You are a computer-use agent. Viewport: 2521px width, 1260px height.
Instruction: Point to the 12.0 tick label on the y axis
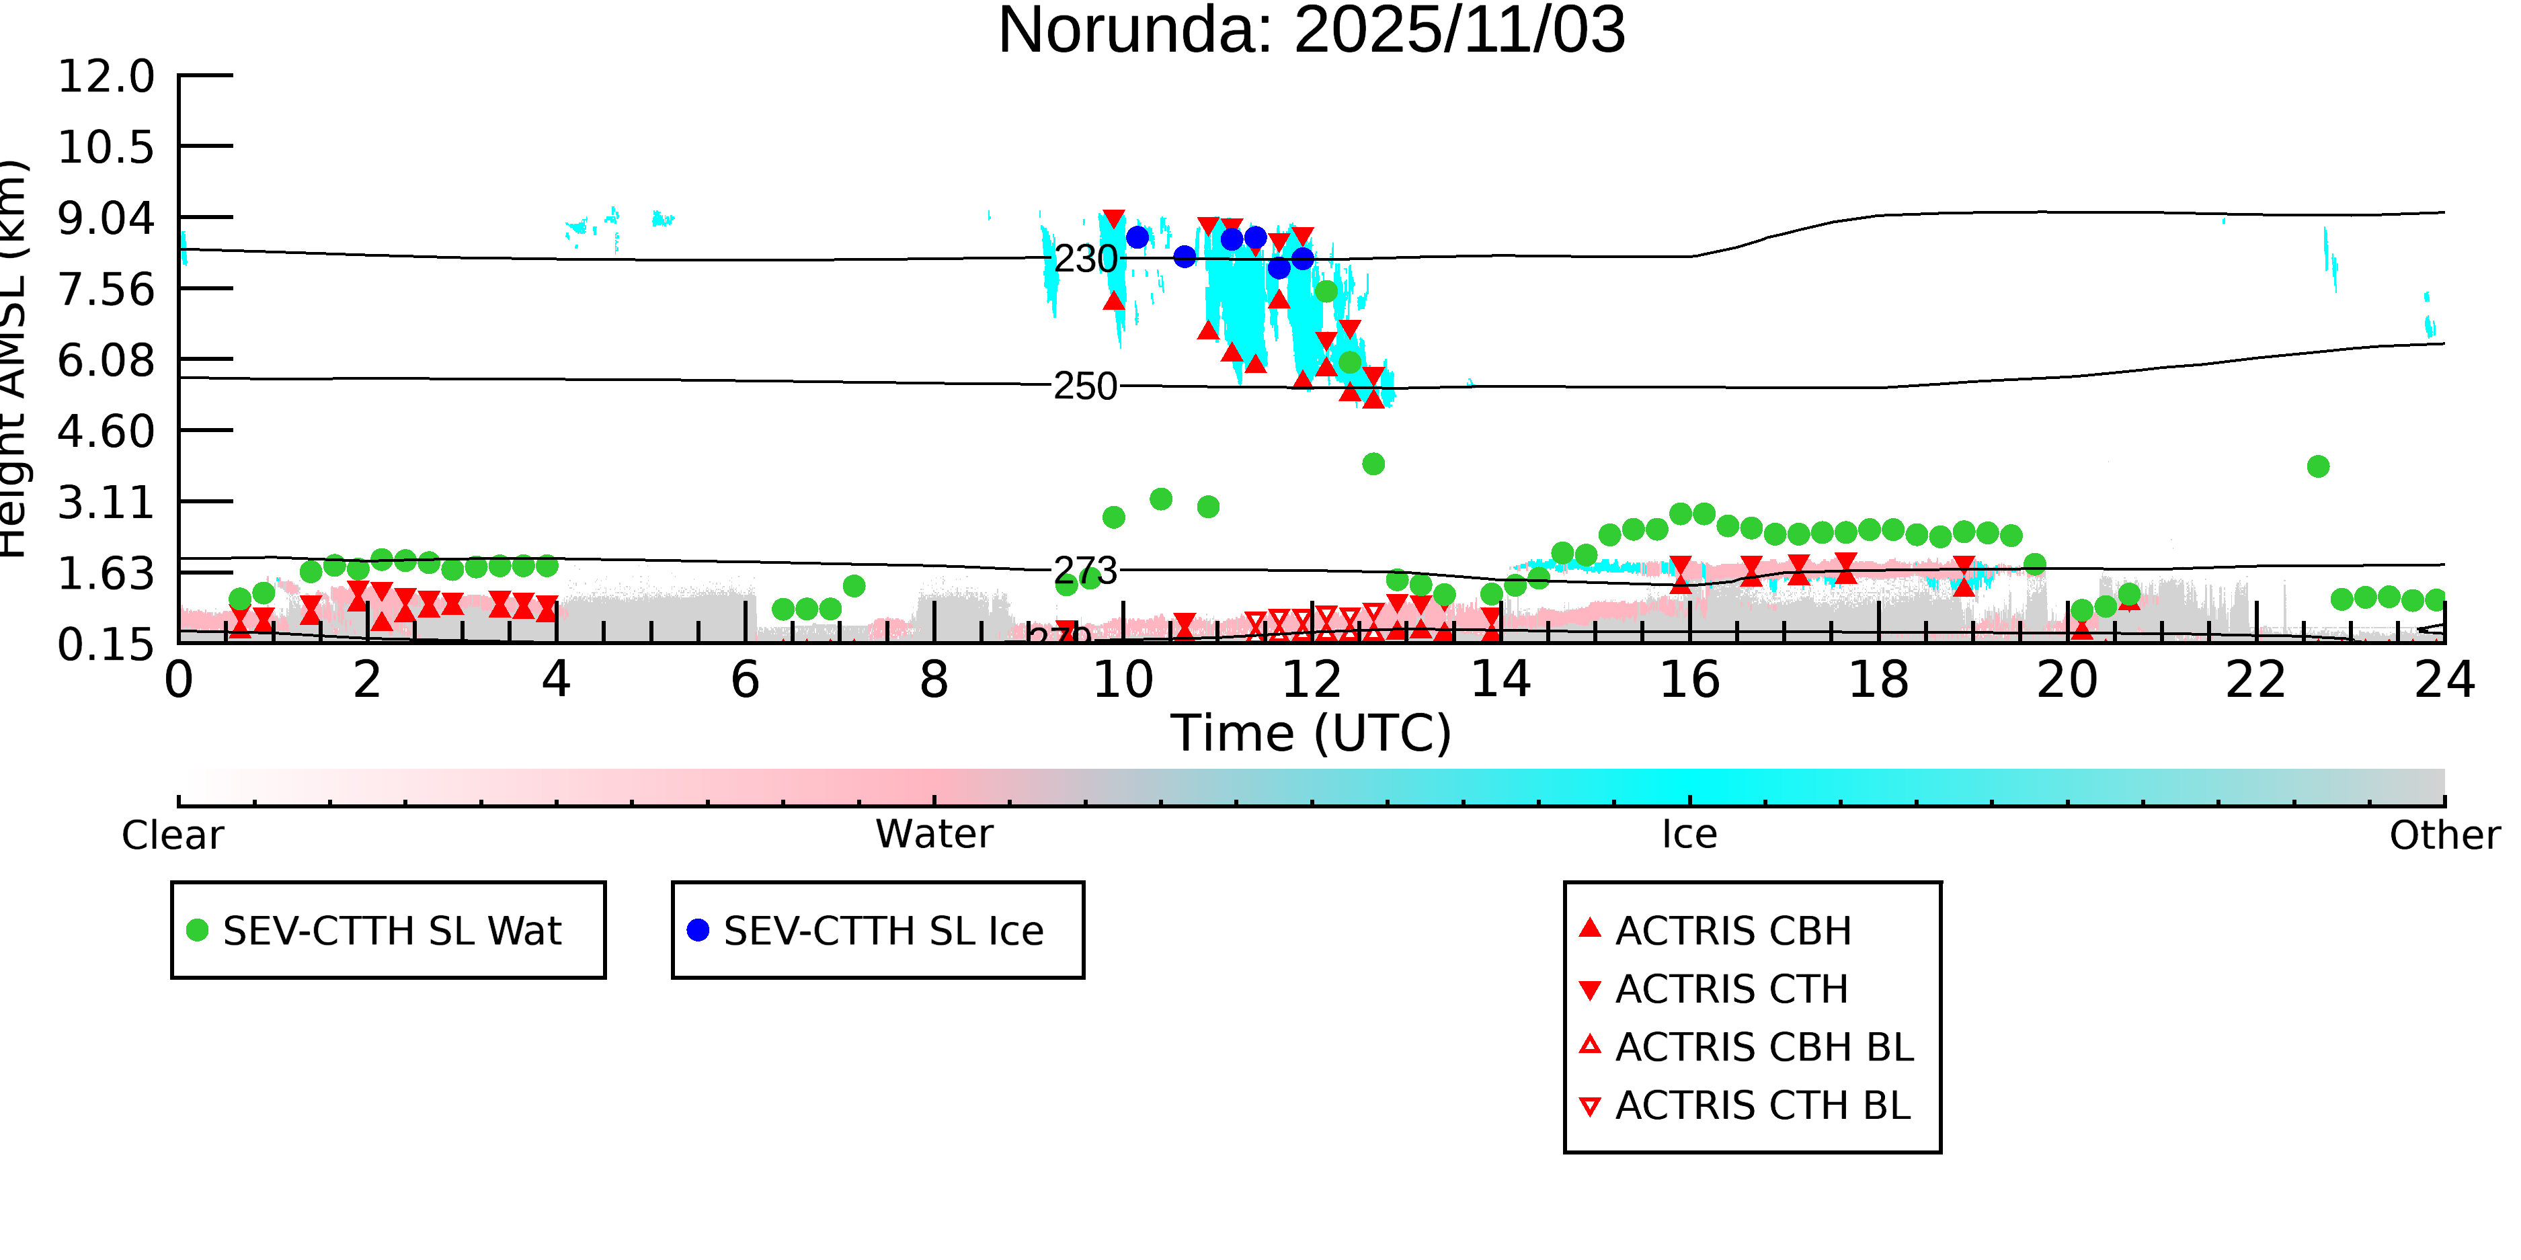click(106, 77)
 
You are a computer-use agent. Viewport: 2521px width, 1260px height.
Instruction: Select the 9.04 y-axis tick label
click(106, 218)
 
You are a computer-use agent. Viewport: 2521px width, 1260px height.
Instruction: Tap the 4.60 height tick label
click(106, 431)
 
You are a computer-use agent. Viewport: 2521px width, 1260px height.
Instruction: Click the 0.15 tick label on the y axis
click(106, 644)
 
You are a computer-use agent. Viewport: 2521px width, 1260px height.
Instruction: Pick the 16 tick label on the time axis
click(1689, 680)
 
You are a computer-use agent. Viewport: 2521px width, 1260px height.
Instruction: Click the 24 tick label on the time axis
click(2444, 680)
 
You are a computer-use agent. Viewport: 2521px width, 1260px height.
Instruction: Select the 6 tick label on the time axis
click(745, 680)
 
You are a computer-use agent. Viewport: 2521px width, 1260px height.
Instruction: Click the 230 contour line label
click(1085, 259)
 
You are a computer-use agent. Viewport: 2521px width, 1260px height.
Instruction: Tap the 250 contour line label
click(1085, 387)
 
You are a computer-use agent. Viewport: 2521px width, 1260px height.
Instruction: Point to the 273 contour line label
click(1085, 571)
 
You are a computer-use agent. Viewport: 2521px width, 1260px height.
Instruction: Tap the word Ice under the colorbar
click(1689, 835)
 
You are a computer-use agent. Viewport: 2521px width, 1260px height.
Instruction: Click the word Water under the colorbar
click(934, 835)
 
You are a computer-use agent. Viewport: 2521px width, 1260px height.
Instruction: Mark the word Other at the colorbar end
click(2444, 835)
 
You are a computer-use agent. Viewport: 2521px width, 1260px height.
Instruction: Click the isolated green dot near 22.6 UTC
click(2317, 466)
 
